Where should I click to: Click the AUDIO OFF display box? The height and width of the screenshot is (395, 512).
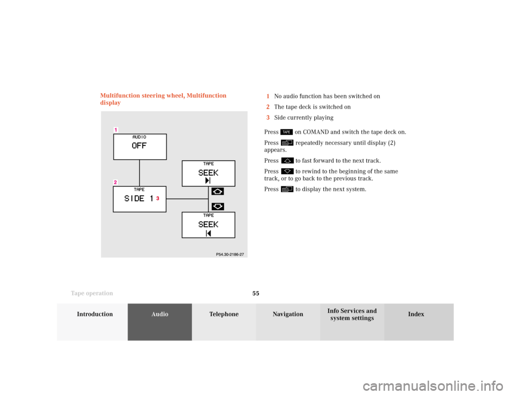140,146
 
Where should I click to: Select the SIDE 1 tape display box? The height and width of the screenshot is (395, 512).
139,199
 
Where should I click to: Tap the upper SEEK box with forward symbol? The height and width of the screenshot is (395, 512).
209,174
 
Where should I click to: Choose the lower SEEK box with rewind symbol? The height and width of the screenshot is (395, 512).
209,225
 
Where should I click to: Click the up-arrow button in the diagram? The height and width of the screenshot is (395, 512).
218,191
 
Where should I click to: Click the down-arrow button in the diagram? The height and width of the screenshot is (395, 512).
218,207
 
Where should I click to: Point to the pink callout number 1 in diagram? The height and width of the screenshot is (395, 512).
116,130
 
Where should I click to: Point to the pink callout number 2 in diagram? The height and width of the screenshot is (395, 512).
115,182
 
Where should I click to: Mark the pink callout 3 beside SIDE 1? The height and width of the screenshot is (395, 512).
158,198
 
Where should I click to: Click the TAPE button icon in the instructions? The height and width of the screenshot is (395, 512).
286,132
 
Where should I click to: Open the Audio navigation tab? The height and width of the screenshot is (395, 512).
159,322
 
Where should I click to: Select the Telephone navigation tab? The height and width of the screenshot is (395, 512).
224,322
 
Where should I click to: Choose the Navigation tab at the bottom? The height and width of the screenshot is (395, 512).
288,322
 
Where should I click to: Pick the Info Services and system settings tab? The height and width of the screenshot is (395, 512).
352,322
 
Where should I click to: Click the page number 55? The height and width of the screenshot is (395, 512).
255,293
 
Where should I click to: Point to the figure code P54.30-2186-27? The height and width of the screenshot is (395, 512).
230,254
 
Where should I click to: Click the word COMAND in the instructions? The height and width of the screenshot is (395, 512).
316,132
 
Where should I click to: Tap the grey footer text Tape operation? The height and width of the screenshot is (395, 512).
92,293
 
